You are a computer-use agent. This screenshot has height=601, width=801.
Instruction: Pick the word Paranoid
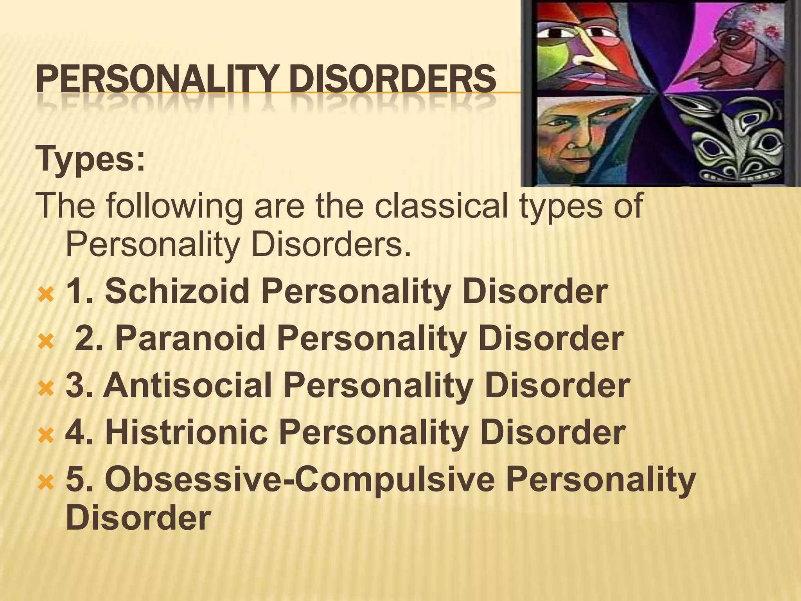(190, 338)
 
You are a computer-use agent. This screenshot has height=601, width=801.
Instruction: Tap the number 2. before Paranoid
(89, 339)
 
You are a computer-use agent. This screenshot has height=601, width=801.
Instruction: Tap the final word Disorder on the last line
(138, 518)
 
